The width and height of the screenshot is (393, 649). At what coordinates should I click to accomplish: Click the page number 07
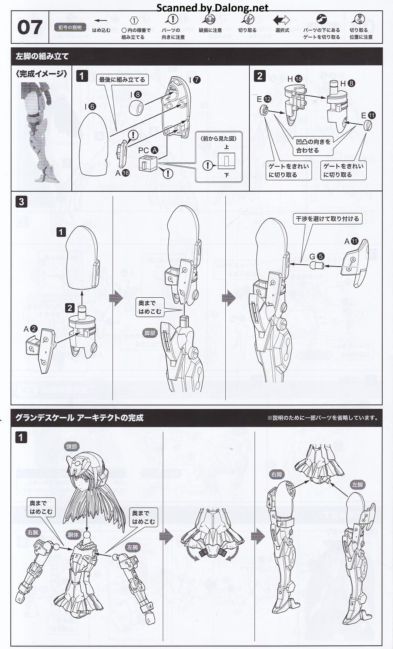point(30,28)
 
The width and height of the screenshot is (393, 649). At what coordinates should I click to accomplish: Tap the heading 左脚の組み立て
point(42,57)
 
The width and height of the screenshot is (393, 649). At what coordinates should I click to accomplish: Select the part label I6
point(90,107)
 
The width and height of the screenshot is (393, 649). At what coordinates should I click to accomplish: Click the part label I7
point(195,80)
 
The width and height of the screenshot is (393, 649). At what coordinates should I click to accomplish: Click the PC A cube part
point(147,163)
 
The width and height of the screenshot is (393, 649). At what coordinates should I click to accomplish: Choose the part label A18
point(122,173)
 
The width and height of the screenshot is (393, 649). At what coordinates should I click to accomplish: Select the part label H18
point(295,78)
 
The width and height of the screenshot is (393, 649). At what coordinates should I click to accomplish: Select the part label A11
point(352,241)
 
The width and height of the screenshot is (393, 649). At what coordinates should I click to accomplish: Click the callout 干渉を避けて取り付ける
point(327,219)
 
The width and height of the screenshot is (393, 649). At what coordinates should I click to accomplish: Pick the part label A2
point(30,329)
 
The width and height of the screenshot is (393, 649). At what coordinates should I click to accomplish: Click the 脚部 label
point(150,333)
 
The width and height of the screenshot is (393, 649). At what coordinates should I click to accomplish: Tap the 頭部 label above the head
point(72,447)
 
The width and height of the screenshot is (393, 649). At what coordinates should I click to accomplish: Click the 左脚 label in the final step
point(357,485)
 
